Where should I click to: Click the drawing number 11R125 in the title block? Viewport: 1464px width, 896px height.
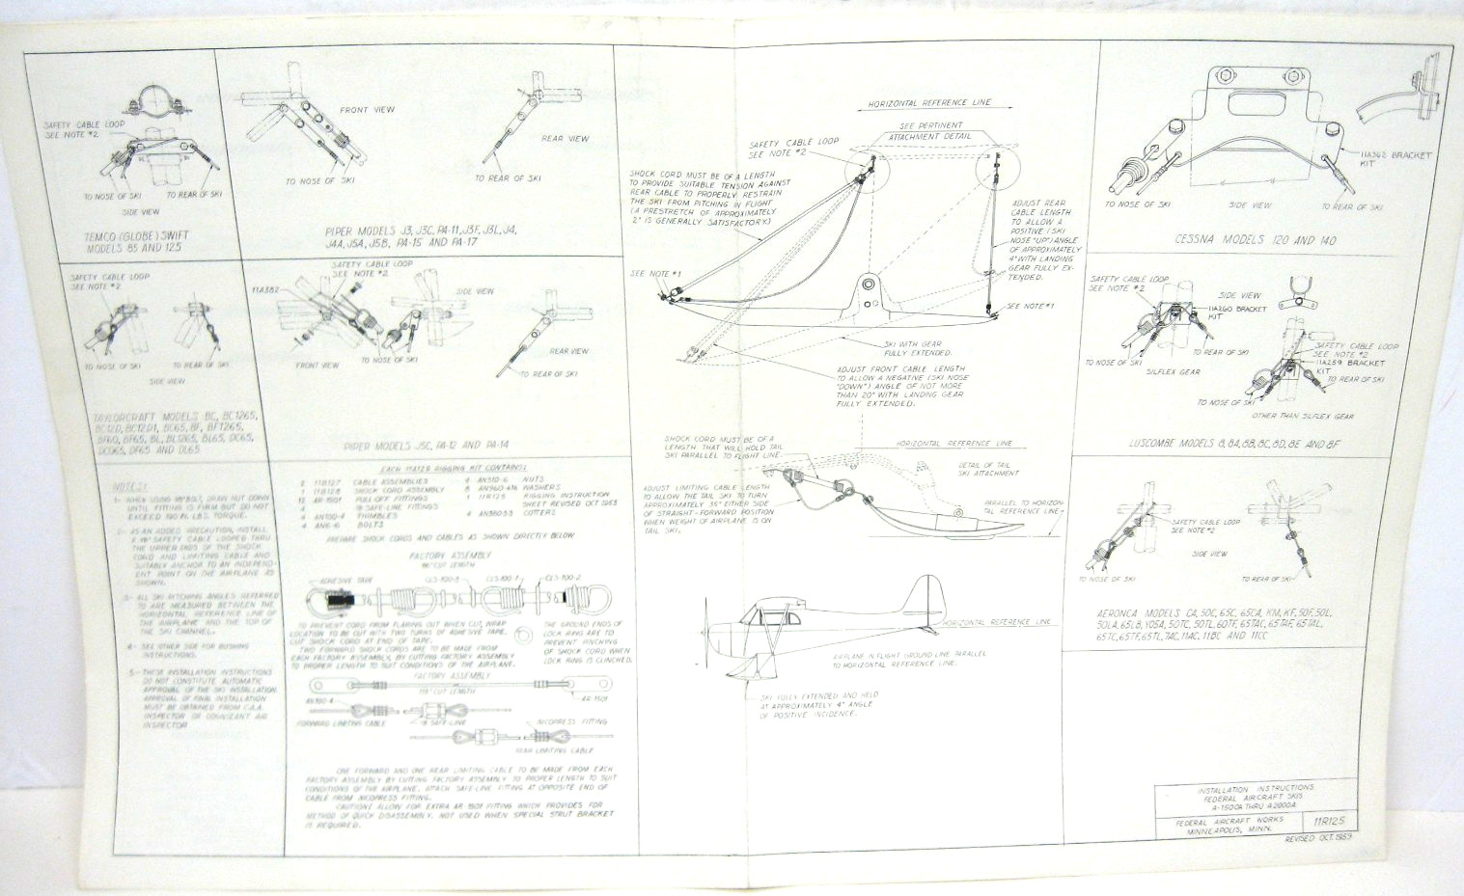(x=1327, y=820)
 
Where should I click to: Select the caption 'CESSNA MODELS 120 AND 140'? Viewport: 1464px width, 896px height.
(x=1254, y=240)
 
